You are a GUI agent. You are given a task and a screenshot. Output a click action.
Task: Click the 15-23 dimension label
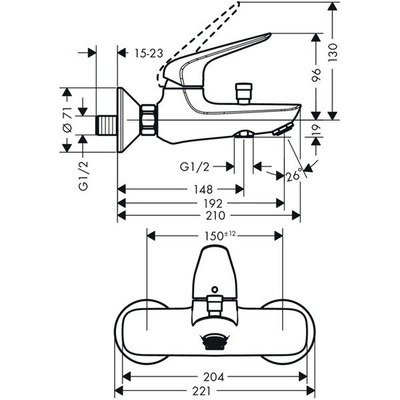[148, 53]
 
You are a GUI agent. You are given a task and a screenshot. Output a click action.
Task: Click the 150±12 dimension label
[215, 235]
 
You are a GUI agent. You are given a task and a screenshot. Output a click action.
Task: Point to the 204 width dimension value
[215, 377]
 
